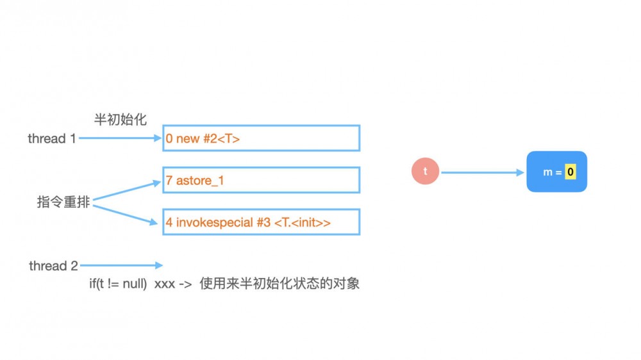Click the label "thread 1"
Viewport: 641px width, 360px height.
[52, 138]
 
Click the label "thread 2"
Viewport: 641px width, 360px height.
[53, 266]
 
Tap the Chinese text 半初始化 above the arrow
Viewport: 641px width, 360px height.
[121, 119]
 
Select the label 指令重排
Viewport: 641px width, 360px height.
[63, 202]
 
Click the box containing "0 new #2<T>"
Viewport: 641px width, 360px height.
[261, 138]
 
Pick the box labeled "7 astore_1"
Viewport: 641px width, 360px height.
[261, 180]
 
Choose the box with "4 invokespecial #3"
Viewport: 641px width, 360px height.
[261, 222]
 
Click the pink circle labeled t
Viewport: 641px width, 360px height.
[425, 172]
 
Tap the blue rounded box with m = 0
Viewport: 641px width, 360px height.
[556, 172]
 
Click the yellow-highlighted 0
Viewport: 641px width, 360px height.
[570, 172]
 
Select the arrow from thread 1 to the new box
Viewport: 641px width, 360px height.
[119, 138]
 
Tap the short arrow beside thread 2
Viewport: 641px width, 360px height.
[121, 265]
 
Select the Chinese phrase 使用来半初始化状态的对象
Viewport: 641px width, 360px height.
[279, 284]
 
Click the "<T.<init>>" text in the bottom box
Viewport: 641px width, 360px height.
[303, 223]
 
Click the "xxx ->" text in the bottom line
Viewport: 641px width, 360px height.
[174, 284]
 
